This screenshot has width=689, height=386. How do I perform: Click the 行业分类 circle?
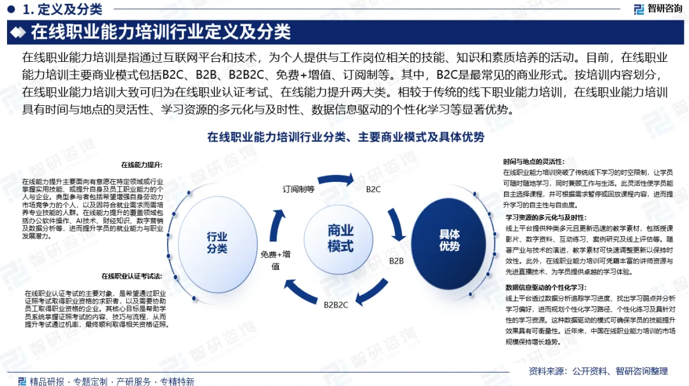coord(217,242)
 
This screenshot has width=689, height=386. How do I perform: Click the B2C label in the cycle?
coord(373,189)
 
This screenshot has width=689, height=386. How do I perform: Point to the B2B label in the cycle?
coord(396,261)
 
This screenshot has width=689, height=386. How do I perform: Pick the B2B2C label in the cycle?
coord(336,304)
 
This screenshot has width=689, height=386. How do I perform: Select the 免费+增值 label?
coord(276,260)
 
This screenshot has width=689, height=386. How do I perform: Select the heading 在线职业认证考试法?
coord(131,276)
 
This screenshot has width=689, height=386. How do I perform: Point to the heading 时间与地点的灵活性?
coord(533,161)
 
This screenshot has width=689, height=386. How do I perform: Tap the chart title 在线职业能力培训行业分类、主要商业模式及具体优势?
coord(345,137)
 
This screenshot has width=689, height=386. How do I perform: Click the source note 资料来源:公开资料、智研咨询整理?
coord(598,371)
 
